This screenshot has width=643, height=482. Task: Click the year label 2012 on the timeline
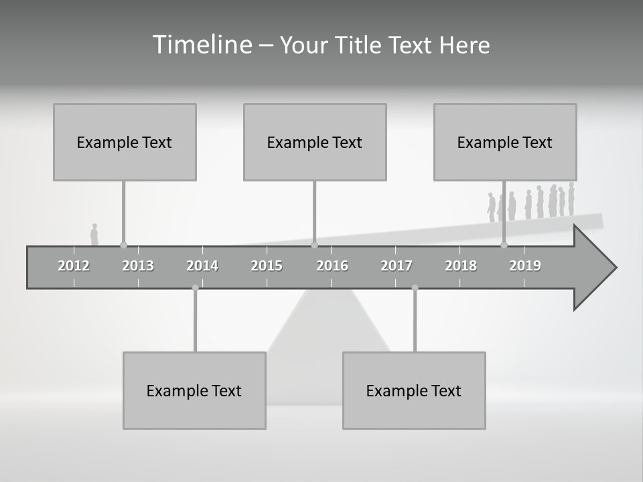click(74, 266)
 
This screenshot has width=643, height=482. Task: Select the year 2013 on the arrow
click(138, 266)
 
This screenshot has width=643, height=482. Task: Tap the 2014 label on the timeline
click(202, 266)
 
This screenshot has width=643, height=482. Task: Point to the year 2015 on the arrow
click(267, 266)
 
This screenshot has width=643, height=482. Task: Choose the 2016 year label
click(332, 266)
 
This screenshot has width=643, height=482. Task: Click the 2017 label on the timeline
click(397, 266)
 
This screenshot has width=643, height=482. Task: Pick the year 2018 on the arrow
click(461, 266)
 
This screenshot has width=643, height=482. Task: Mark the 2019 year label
click(525, 266)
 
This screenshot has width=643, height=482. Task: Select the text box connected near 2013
click(125, 142)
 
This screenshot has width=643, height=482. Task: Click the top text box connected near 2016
click(315, 142)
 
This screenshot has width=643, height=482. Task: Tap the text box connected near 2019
click(505, 142)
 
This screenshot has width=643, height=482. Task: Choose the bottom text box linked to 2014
click(194, 390)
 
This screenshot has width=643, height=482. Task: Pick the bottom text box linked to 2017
click(414, 390)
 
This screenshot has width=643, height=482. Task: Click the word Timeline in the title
click(202, 44)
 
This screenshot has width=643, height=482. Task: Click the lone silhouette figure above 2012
click(94, 235)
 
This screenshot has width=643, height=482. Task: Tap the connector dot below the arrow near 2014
click(195, 288)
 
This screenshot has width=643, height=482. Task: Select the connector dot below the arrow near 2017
click(415, 288)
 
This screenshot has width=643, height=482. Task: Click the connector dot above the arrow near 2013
click(123, 245)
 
